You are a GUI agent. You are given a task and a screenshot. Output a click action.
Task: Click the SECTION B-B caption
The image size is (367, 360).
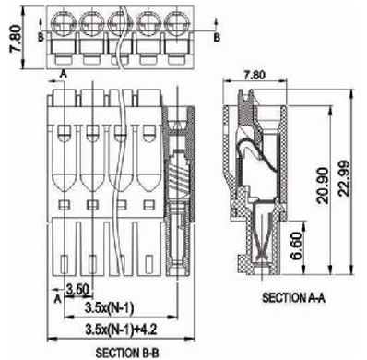[x=127, y=353]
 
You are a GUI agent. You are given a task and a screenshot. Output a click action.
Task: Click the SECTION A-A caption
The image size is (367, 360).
[x=293, y=297]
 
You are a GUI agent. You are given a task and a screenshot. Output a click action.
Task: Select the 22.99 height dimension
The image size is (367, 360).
[x=344, y=178]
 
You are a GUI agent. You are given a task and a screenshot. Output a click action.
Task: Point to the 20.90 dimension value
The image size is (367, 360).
[x=323, y=186]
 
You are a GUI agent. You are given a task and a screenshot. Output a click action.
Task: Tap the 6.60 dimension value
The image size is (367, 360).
[x=297, y=246]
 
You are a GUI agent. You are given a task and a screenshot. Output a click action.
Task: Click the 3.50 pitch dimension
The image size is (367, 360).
[x=77, y=290]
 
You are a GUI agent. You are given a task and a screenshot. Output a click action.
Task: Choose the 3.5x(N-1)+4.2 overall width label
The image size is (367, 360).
[x=121, y=330]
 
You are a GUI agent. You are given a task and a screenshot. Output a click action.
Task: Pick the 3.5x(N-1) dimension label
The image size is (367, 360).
[x=110, y=307]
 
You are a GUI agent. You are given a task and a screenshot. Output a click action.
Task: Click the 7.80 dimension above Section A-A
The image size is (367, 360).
[x=254, y=75]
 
